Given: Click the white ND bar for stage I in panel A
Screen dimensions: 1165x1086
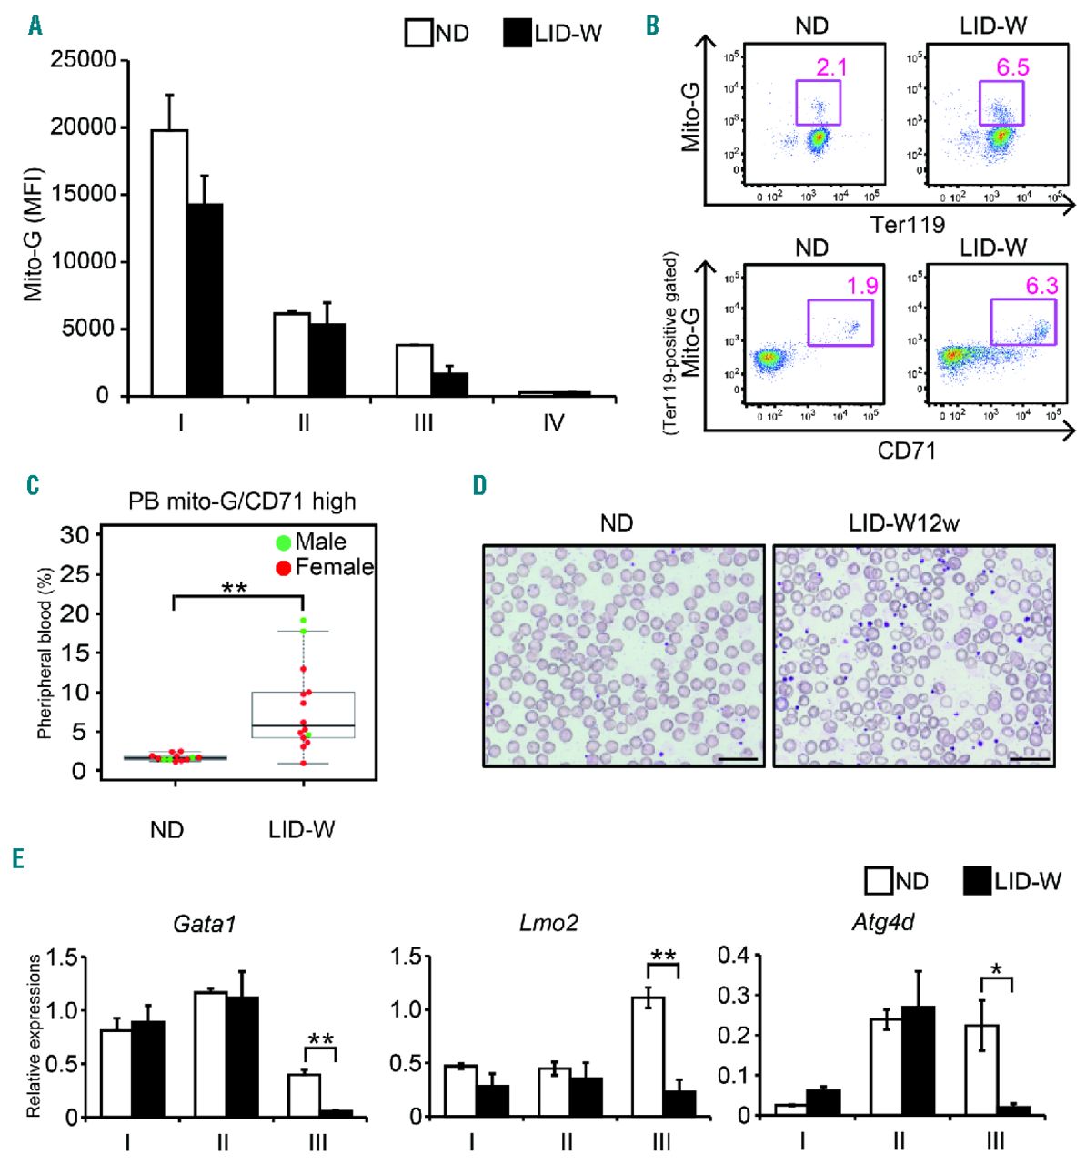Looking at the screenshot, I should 169,263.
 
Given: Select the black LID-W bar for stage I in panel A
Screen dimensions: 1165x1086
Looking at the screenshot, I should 205,299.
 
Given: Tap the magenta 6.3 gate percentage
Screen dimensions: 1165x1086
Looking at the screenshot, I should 1041,286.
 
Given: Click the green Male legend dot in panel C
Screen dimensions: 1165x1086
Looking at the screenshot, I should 283,542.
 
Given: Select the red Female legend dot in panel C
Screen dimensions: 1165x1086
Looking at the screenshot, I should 283,567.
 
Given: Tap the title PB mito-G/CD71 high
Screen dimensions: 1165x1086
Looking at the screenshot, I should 241,501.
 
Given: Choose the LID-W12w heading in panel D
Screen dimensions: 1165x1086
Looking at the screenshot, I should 904,523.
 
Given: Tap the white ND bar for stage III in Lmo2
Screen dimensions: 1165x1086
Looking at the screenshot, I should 649,1056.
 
